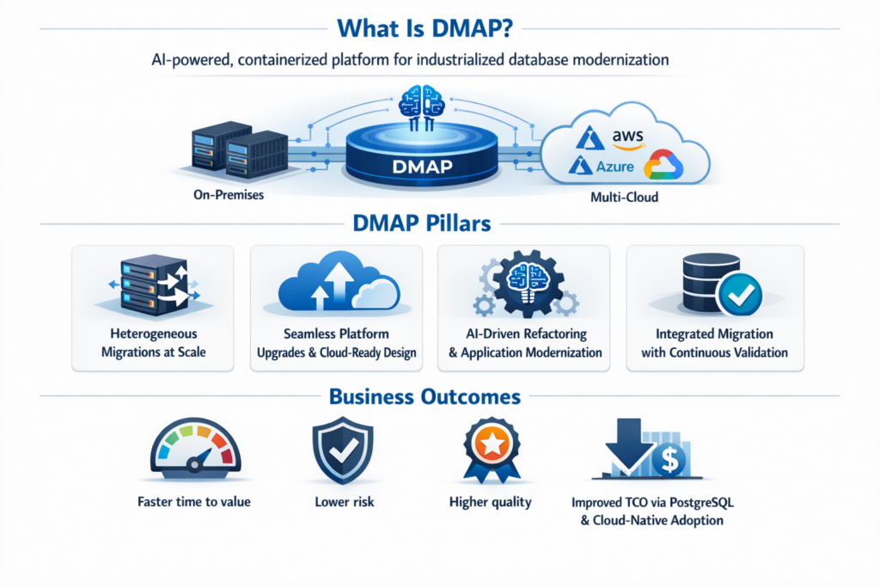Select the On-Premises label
click(229, 195)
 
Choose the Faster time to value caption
click(193, 501)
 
